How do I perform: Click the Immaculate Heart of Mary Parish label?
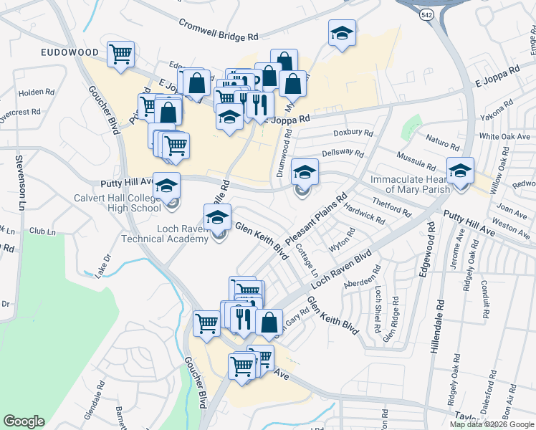point(410,184)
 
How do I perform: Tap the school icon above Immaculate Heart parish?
point(460,171)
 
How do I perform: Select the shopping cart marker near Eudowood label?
point(120,54)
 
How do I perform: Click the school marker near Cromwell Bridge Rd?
point(342,33)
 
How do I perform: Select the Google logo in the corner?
point(24,421)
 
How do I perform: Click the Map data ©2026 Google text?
point(492,424)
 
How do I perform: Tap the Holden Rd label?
point(37,92)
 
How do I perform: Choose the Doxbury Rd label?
point(353,133)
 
